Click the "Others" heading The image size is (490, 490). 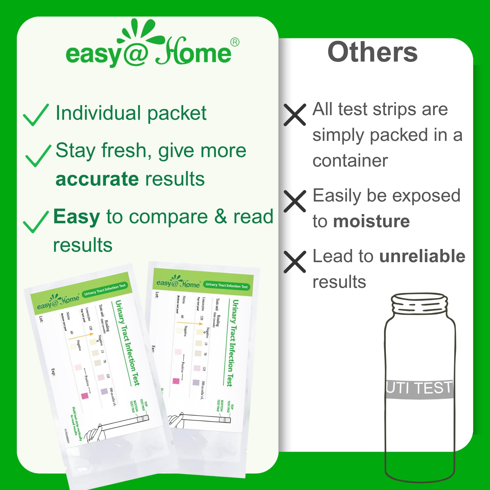(x=372, y=52)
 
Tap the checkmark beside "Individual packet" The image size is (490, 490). (x=36, y=115)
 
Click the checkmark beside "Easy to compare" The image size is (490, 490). (x=36, y=222)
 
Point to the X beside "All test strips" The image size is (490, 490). (x=295, y=115)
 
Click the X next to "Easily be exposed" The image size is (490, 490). (x=295, y=201)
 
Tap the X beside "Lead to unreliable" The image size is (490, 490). (x=295, y=262)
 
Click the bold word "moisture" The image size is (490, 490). (x=371, y=221)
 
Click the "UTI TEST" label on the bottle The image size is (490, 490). (x=419, y=388)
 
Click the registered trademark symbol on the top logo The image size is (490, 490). (x=235, y=42)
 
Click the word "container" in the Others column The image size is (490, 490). (x=350, y=161)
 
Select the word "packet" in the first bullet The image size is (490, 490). (x=177, y=113)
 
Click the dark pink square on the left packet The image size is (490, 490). (x=85, y=396)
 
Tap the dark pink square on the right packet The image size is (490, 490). (x=176, y=381)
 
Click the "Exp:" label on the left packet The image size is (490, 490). (x=53, y=372)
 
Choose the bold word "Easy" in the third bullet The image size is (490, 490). (x=77, y=217)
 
